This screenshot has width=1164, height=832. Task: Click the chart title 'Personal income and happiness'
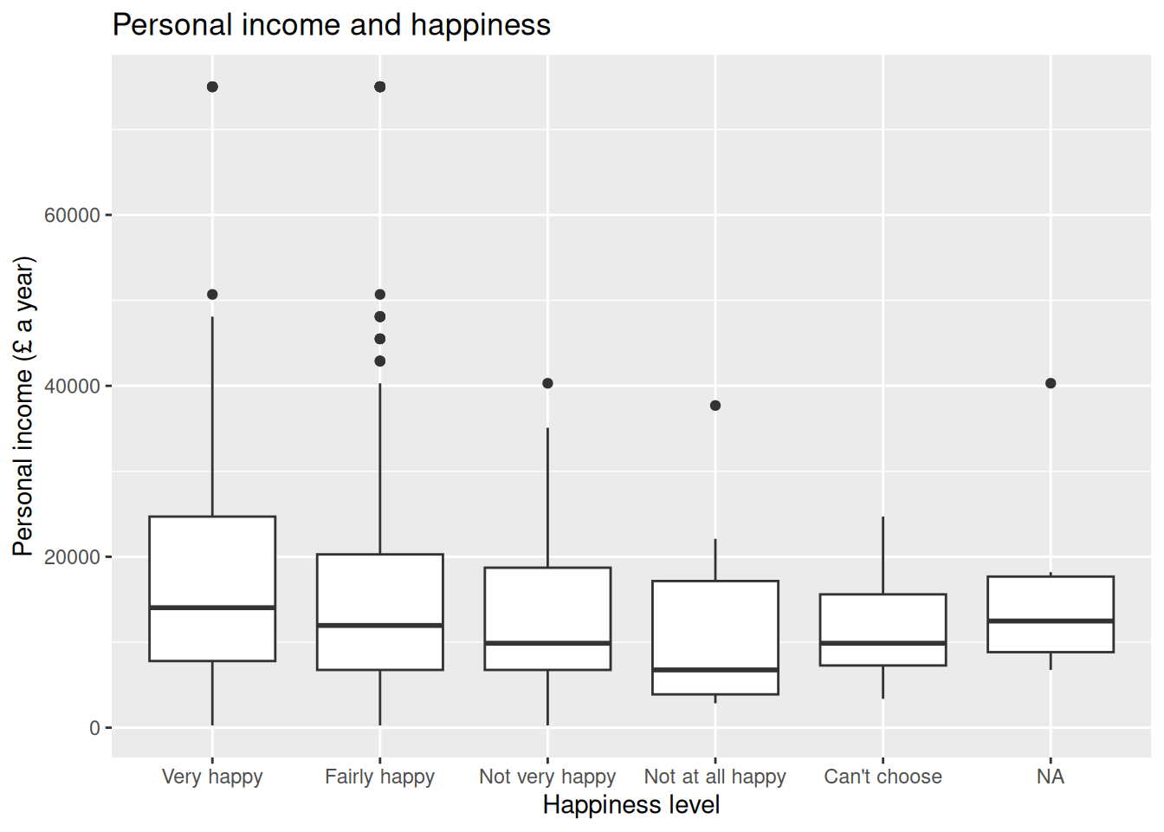(x=331, y=25)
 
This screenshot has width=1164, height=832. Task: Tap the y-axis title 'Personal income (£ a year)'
(x=23, y=406)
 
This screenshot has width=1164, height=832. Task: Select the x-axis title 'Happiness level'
(x=630, y=805)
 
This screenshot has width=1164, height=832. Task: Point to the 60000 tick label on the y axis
(x=73, y=215)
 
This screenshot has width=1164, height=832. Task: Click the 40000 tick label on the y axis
(x=73, y=387)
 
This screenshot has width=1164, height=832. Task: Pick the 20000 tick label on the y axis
(x=73, y=557)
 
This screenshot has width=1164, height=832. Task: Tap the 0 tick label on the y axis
(x=94, y=728)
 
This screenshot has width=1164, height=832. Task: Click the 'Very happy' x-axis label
(x=212, y=777)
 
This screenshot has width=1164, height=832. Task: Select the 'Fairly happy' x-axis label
(x=379, y=777)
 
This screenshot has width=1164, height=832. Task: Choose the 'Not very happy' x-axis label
(x=547, y=777)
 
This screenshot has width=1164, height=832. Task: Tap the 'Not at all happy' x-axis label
(x=715, y=777)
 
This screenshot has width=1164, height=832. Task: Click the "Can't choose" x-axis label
(x=883, y=777)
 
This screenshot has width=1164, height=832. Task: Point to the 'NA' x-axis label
(x=1050, y=777)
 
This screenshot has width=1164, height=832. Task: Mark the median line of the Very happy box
(x=212, y=608)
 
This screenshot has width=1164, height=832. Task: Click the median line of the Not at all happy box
(x=715, y=670)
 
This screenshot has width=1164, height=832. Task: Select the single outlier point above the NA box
(x=1051, y=383)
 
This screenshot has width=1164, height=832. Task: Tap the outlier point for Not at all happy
(x=715, y=406)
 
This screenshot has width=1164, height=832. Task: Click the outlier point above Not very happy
(x=547, y=383)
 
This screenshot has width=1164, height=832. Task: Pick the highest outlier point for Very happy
(x=212, y=87)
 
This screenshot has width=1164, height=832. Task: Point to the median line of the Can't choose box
(x=883, y=643)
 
